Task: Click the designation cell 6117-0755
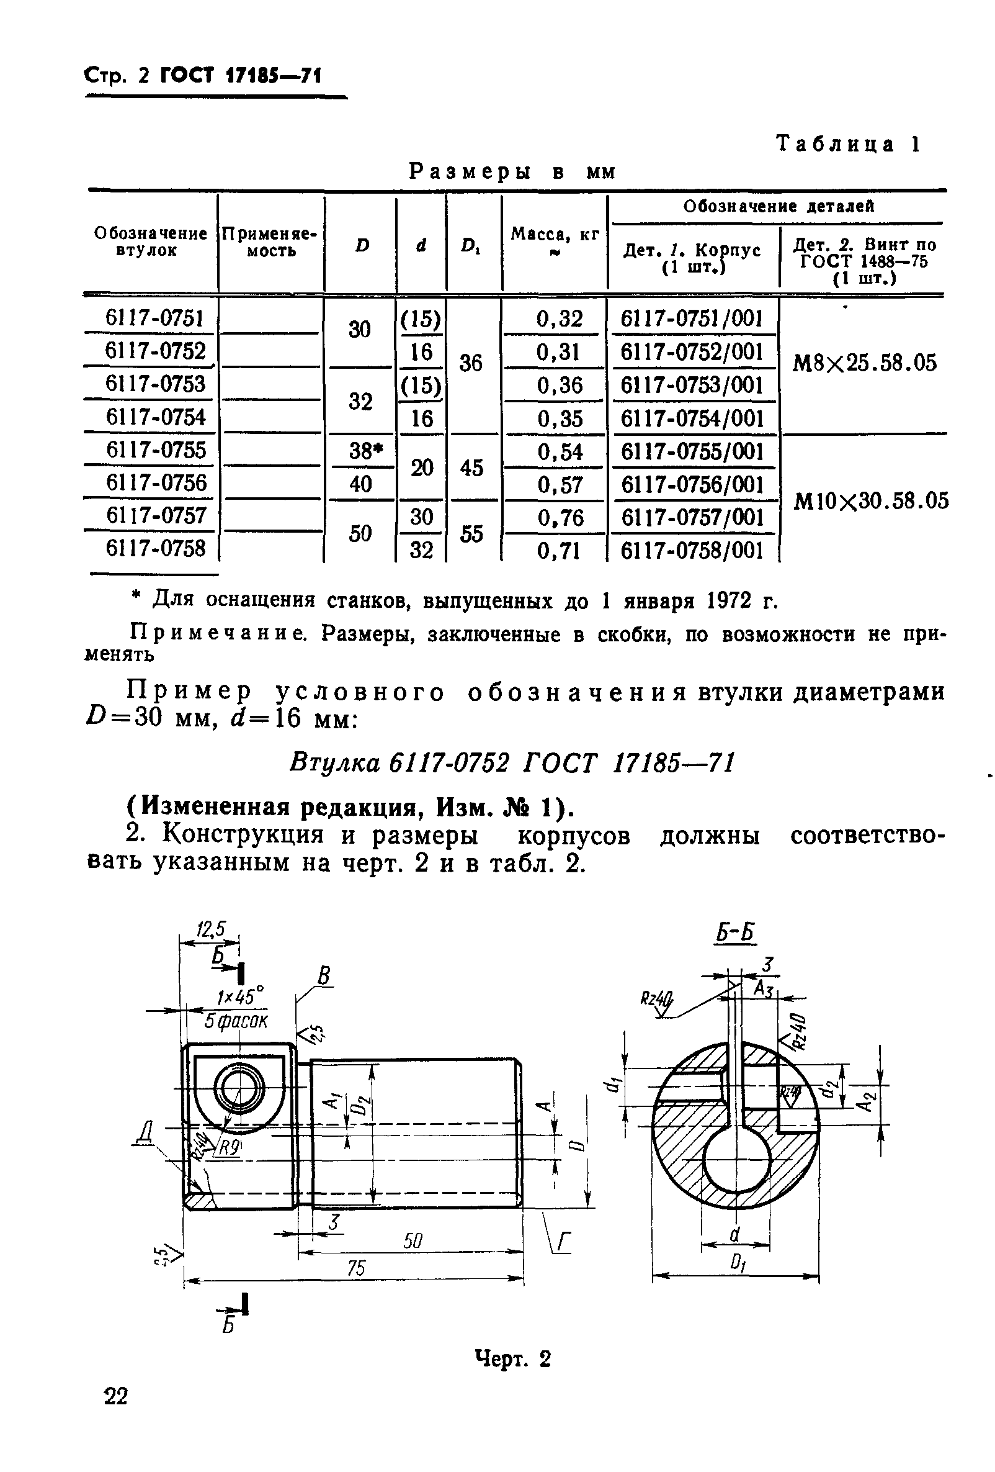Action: pyautogui.click(x=156, y=450)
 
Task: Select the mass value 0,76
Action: pyautogui.click(x=560, y=518)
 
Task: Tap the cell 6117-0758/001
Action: pyautogui.click(x=692, y=551)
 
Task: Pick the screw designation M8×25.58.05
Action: pyautogui.click(x=863, y=363)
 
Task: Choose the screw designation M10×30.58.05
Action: pyautogui.click(x=871, y=501)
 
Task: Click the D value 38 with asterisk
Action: pyautogui.click(x=363, y=451)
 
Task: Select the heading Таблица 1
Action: pyautogui.click(x=847, y=145)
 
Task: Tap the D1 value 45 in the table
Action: pyautogui.click(x=471, y=468)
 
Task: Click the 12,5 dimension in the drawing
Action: pyautogui.click(x=211, y=929)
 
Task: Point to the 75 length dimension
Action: pyautogui.click(x=355, y=1268)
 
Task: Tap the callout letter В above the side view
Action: pyautogui.click(x=324, y=975)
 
